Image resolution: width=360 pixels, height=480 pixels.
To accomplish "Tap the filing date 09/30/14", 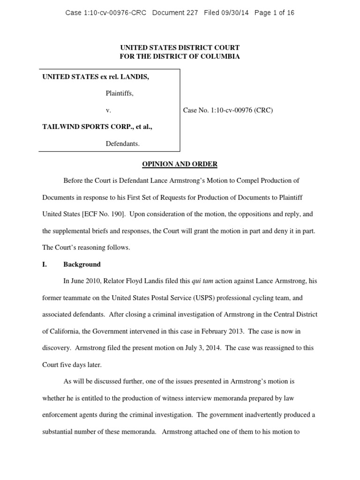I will click(237, 13).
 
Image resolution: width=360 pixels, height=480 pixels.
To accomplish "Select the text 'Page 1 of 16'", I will click(274, 13).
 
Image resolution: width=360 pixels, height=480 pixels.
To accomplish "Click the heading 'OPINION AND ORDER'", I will click(180, 164).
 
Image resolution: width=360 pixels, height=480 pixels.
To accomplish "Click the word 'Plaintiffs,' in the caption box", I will click(119, 94).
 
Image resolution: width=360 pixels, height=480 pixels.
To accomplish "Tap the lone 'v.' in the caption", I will click(108, 111).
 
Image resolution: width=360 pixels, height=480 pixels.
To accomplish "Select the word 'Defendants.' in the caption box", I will click(122, 143).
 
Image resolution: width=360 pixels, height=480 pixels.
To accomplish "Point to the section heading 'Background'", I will click(82, 264).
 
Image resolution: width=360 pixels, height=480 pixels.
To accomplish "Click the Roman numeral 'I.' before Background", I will click(45, 264).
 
